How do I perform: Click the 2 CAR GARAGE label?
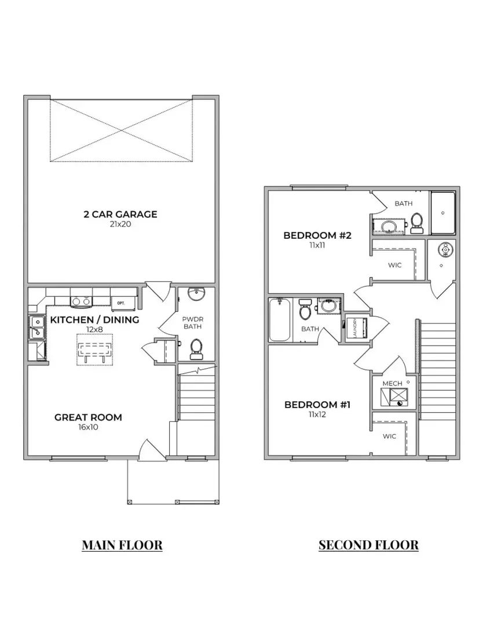coord(120,214)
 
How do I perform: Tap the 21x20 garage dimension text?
coord(120,224)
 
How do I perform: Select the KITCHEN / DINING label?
coord(94,319)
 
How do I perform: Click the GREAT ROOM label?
coord(88,417)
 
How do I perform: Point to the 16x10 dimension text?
coord(88,427)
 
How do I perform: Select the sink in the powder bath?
coord(196,296)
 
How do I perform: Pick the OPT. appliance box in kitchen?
coord(120,303)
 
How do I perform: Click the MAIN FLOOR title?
coord(122,545)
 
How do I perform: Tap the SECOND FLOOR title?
coord(368,545)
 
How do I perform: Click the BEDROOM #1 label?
coord(317,404)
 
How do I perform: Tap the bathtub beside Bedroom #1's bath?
coord(279,320)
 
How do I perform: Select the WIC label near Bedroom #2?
coord(394,265)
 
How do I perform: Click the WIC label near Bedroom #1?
coord(389,436)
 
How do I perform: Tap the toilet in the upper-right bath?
coord(416,223)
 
